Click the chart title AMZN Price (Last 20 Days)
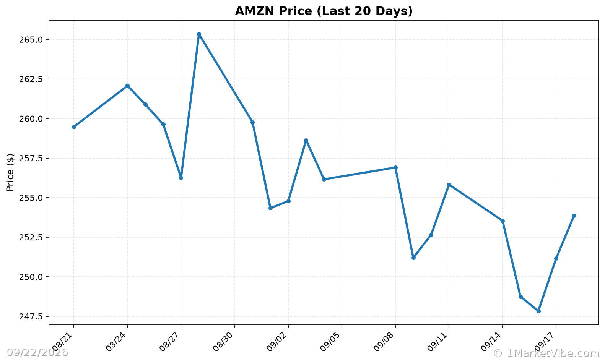(324, 11)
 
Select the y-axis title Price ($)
(10, 172)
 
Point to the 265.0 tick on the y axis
(31, 40)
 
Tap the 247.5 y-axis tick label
(31, 316)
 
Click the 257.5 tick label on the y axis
(31, 159)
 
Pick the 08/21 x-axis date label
(63, 342)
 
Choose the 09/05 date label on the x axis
(331, 342)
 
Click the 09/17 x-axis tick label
(545, 342)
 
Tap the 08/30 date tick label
(224, 342)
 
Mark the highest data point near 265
(199, 34)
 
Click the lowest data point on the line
(538, 311)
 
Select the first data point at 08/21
(74, 127)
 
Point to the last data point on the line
(574, 216)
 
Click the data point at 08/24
(127, 86)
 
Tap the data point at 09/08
(396, 168)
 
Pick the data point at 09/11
(449, 185)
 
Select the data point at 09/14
(503, 221)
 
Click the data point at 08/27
(181, 178)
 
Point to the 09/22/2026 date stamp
(37, 352)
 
